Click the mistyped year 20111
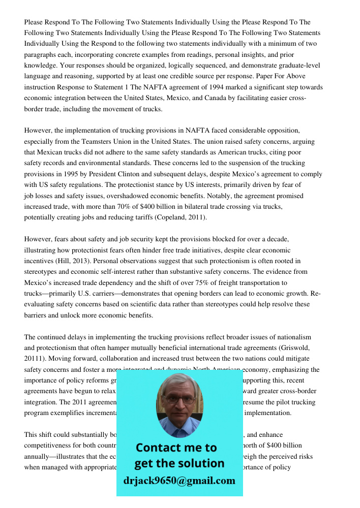coord(34,359)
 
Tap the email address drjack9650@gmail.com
coord(179,481)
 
